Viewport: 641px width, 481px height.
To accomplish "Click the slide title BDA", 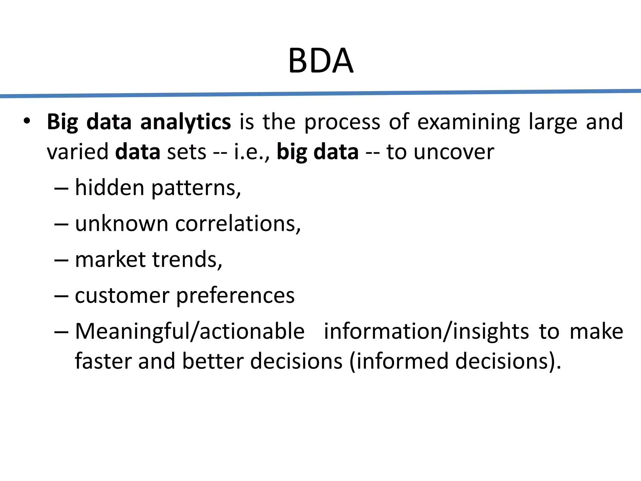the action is [320, 61].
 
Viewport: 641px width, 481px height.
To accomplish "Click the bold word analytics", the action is [185, 122].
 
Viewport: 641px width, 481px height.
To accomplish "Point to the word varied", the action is [77, 152].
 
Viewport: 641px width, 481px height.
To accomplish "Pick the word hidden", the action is [110, 188].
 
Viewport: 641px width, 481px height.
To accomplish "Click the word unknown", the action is [122, 224].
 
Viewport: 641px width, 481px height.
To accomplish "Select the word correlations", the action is [238, 224].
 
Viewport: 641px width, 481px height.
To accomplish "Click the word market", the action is [110, 260].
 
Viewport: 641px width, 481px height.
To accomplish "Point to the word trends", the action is [187, 260].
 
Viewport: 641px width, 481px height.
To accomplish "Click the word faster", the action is [103, 361].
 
